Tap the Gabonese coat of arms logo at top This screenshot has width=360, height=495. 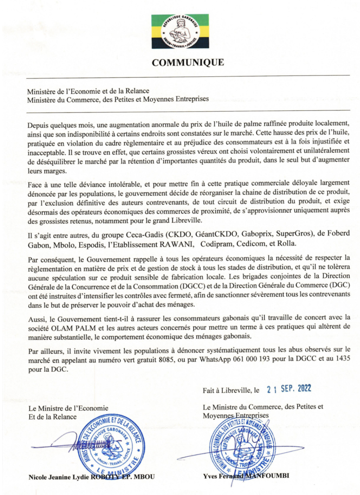pos(180,31)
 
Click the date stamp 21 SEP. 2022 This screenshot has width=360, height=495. pos(289,389)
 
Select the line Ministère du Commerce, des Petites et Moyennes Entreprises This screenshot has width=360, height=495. pos(118,100)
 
